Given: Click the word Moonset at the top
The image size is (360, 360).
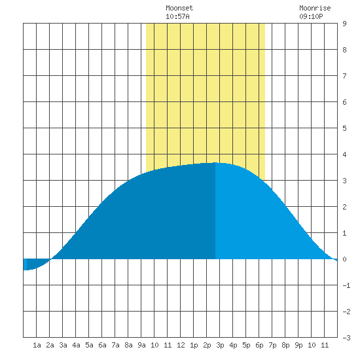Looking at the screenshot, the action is click(x=179, y=8).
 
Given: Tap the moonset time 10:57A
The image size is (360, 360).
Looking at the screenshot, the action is click(x=177, y=16).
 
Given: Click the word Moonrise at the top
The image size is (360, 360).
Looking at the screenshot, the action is click(x=315, y=8).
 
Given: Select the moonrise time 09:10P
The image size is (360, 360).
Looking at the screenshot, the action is click(x=311, y=16).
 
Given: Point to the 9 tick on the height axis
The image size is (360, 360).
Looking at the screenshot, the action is click(x=344, y=24).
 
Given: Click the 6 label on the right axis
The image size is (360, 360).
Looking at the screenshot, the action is click(x=344, y=102).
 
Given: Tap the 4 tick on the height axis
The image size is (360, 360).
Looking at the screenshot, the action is click(x=344, y=154).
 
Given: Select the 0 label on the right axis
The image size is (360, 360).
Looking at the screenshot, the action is click(x=344, y=259).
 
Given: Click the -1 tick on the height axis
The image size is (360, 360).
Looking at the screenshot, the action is click(x=346, y=285).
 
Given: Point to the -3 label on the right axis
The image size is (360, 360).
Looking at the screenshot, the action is click(x=346, y=338).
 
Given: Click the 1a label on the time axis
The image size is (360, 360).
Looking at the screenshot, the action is click(x=37, y=345).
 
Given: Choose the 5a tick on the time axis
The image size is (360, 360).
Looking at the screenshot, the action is click(x=89, y=345).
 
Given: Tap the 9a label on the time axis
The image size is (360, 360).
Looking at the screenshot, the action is click(x=141, y=345).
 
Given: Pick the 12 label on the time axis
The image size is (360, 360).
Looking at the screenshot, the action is click(x=181, y=345).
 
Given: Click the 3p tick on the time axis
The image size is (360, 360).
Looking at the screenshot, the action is click(x=220, y=345).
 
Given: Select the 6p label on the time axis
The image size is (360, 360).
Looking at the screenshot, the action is click(x=259, y=345).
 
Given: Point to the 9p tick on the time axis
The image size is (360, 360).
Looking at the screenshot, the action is click(x=298, y=345).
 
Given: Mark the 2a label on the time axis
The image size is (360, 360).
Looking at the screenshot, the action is click(x=50, y=345).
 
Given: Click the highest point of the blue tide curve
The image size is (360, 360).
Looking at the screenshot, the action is click(x=215, y=162).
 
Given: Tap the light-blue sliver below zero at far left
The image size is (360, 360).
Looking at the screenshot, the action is click(x=25, y=264).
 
